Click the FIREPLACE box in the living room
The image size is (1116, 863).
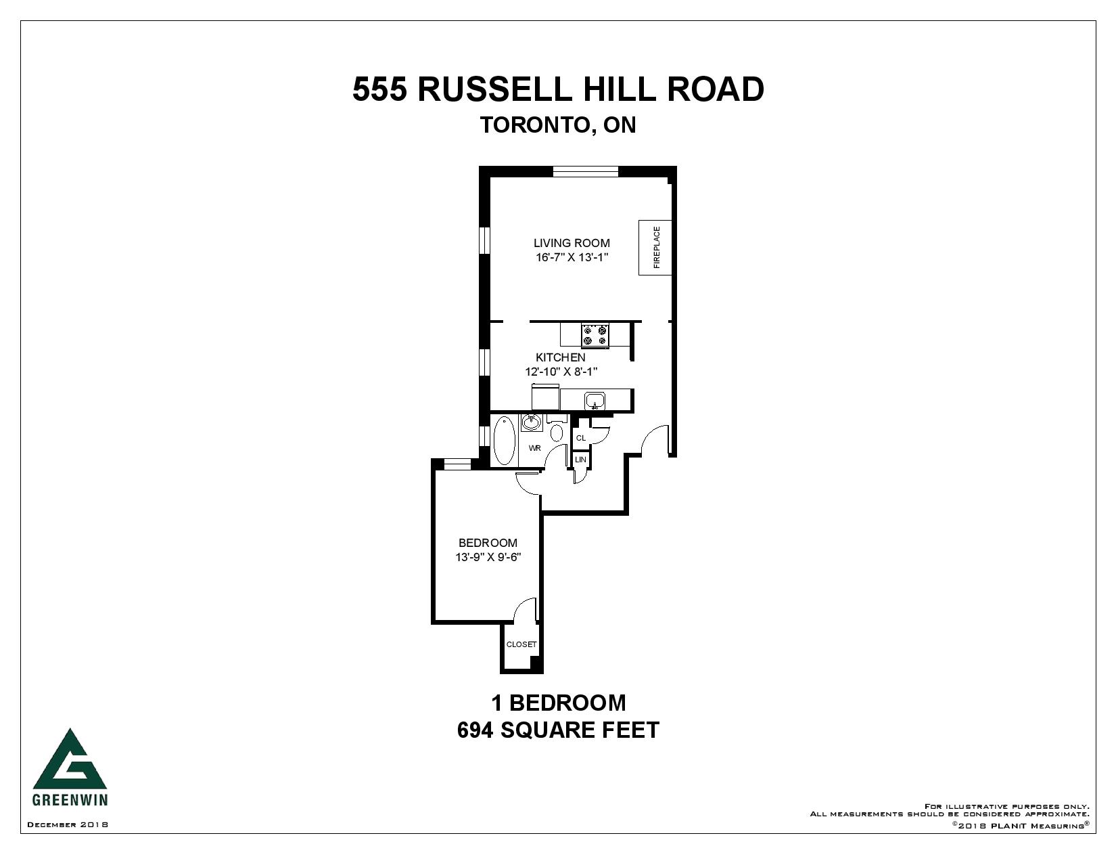tap(655, 248)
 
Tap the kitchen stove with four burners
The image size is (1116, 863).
tap(595, 336)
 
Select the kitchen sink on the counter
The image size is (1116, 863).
tap(595, 401)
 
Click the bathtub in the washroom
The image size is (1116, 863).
tap(503, 441)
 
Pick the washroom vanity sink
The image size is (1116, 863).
tap(532, 422)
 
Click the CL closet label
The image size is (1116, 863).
tap(580, 438)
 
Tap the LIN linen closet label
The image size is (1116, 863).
tap(580, 460)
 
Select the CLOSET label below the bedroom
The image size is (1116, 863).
tap(521, 644)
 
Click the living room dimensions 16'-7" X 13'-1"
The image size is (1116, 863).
tap(572, 258)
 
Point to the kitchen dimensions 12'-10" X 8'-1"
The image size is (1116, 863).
tap(561, 372)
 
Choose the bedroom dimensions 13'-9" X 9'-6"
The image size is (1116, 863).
tap(488, 558)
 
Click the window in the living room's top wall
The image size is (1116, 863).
tap(585, 171)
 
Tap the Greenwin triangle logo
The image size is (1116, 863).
tap(70, 759)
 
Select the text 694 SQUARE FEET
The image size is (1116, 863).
tap(558, 730)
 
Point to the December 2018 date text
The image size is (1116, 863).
tap(68, 824)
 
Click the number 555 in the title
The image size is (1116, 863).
tap(379, 89)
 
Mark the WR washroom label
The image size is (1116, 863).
tap(535, 448)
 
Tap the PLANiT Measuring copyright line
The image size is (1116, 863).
tap(1021, 825)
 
